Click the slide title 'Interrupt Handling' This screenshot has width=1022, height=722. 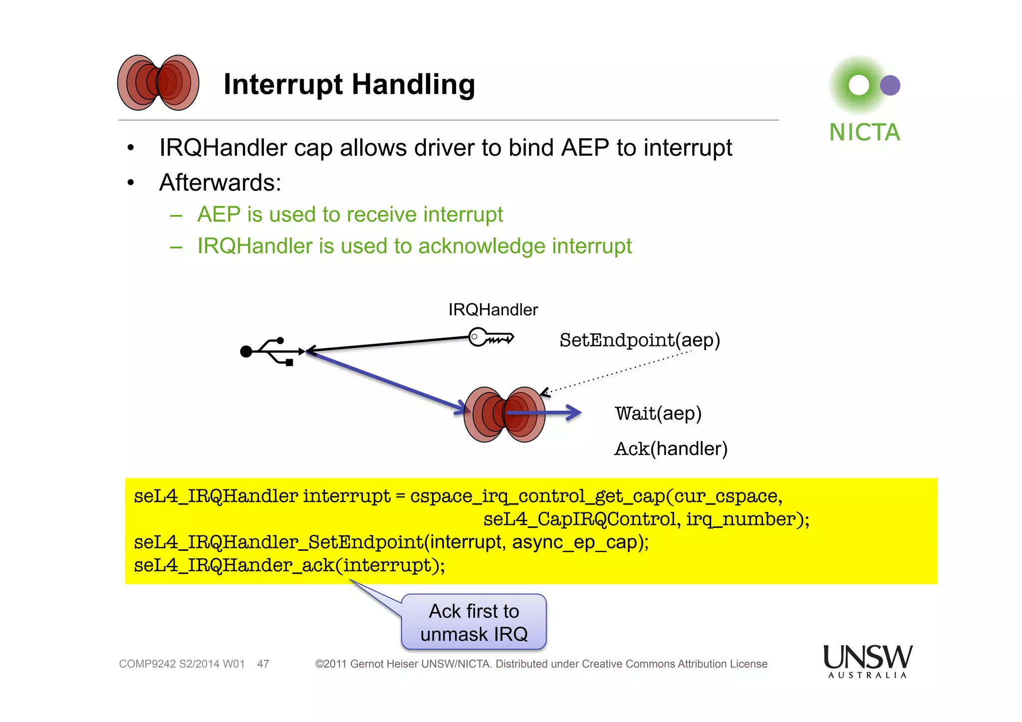(x=349, y=84)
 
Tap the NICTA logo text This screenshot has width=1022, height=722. (x=864, y=133)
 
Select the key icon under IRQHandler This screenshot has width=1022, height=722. (x=491, y=337)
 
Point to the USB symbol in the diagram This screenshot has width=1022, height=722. (x=272, y=351)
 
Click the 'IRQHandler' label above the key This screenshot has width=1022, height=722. (x=493, y=310)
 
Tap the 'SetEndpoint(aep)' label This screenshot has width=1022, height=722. (x=640, y=340)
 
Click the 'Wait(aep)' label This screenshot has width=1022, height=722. (x=658, y=414)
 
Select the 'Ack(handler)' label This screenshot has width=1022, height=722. (x=671, y=449)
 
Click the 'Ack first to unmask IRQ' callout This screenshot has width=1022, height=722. (x=474, y=622)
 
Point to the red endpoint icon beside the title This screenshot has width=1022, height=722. (x=158, y=83)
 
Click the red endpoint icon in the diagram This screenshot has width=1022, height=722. (x=504, y=415)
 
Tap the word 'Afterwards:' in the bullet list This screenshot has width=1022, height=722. (x=220, y=183)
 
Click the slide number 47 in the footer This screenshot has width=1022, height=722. (x=263, y=664)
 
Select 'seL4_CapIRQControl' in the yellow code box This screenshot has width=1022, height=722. (x=580, y=519)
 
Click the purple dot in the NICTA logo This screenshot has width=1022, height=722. (x=890, y=85)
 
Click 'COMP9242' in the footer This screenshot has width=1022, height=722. (x=147, y=664)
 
